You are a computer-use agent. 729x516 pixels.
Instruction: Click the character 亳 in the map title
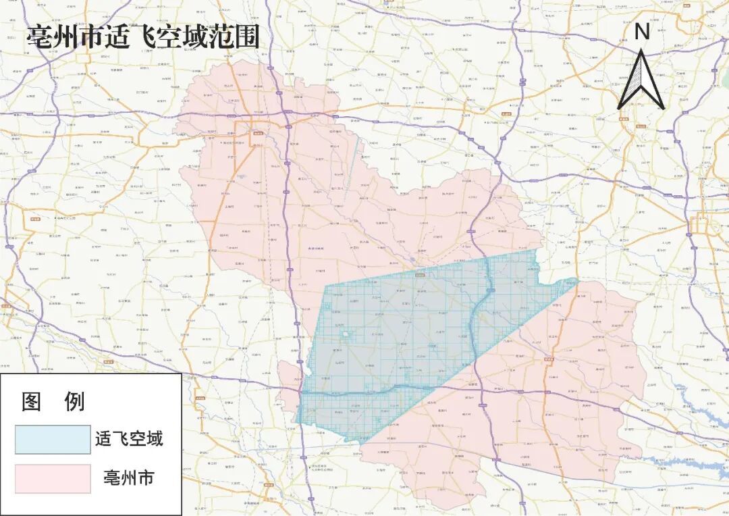[38, 38]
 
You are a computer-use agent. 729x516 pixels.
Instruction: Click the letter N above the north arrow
[641, 31]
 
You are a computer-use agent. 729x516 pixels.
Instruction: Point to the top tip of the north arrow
[641, 49]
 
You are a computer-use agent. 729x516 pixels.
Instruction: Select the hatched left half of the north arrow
[633, 84]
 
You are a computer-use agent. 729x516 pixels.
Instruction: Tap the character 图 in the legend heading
[34, 402]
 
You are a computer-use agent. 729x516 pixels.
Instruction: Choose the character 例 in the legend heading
[74, 402]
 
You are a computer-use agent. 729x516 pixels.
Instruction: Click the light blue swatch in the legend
[53, 440]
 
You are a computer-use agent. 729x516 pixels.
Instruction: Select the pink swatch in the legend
[53, 478]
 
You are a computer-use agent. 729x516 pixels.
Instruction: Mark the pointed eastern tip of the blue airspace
[578, 280]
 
